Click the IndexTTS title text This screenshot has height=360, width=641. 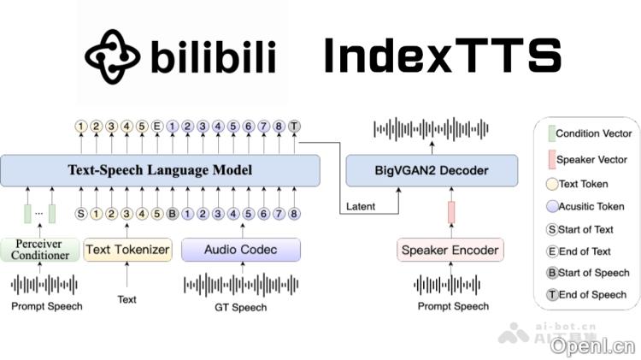tap(442, 56)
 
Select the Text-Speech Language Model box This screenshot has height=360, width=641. tap(160, 170)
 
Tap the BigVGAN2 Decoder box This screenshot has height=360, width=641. tap(432, 170)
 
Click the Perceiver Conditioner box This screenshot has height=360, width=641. tap(39, 250)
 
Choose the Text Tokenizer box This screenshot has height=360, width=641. tap(127, 250)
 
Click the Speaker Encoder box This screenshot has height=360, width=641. tap(450, 250)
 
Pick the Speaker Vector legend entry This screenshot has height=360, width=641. tap(592, 160)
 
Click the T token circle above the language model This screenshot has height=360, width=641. tap(294, 127)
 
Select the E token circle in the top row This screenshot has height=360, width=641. tap(157, 127)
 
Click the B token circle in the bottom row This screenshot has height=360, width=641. tap(172, 214)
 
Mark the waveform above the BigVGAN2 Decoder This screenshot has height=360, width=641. tap(432, 129)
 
